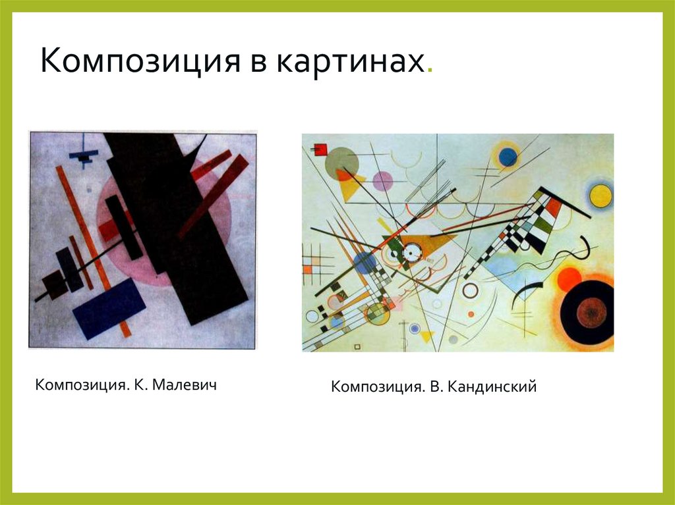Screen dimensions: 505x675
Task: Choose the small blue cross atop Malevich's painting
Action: pos(84,155)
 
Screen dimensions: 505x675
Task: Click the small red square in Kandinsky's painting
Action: pos(321,149)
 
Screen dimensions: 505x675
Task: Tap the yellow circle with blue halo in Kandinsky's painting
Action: pos(601,195)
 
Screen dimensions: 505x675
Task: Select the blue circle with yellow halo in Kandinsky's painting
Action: pos(508,157)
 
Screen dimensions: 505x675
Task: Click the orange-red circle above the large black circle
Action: pos(569,279)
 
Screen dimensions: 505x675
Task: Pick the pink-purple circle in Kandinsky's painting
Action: pos(382,180)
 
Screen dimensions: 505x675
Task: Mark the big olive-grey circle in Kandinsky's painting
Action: pos(341,163)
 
